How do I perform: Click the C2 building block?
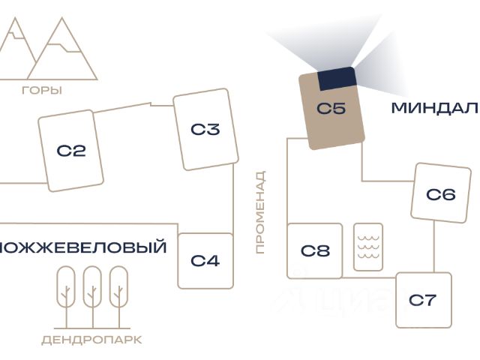(71, 151)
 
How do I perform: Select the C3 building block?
(205, 130)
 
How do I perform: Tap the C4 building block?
(205, 261)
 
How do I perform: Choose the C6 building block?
(440, 194)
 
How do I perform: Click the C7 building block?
(423, 300)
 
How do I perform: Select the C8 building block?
(315, 250)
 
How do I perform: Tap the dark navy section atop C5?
(337, 77)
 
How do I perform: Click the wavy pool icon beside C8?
(368, 247)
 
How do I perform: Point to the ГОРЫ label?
(42, 91)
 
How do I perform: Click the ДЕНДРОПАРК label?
(91, 340)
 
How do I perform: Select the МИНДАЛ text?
(434, 109)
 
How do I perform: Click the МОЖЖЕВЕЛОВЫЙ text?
(82, 247)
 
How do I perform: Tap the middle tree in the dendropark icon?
(92, 286)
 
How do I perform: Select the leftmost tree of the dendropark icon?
(67, 286)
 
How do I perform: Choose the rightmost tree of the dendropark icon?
(118, 286)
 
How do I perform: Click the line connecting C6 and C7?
(434, 247)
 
